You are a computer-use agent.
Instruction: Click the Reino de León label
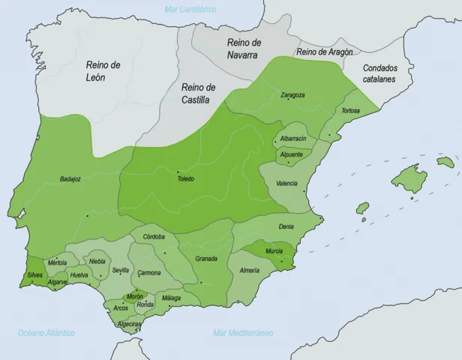point(103,70)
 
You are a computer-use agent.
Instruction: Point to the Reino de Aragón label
point(324,52)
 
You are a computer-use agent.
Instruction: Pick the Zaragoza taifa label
point(292,95)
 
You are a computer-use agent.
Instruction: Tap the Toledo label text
point(185,178)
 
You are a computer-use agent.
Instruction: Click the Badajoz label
point(71,179)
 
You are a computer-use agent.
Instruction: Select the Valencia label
point(285,183)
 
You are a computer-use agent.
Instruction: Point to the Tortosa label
point(350,111)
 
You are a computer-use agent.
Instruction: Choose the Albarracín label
point(292,139)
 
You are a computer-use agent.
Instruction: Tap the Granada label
point(206,259)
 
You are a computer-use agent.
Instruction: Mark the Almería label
point(250,269)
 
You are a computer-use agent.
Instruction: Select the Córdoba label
point(153,237)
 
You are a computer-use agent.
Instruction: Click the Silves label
point(35,275)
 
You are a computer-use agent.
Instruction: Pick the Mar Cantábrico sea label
point(190,9)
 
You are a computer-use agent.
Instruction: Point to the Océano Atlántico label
point(46,332)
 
